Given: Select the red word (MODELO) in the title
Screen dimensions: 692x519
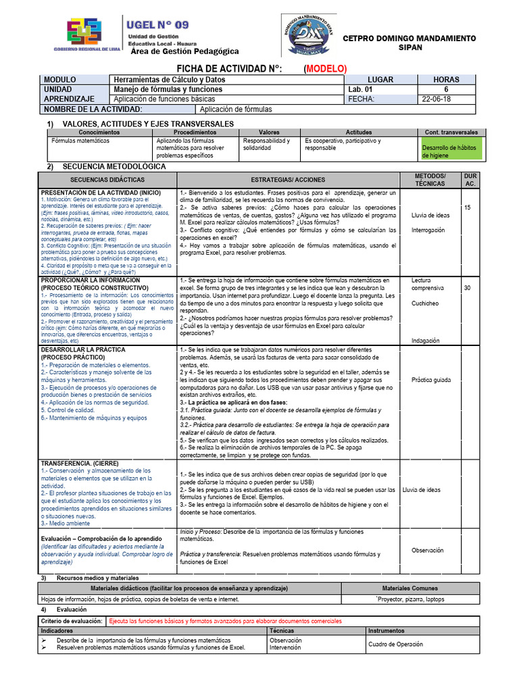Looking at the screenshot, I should pos(325,69).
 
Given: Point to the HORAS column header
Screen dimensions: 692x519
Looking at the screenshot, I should pos(445,80).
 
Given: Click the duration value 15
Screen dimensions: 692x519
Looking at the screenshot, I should pos(467,207).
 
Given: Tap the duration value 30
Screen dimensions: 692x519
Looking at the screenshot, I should pos(467,288).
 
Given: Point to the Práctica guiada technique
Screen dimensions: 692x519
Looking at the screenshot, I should pos(430,380).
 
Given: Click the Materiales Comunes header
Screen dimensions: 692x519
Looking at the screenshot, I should pos(410,589).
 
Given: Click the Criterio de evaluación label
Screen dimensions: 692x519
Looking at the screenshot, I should pos(72,620).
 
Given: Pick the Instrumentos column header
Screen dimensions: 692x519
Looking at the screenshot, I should pos(387,631).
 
